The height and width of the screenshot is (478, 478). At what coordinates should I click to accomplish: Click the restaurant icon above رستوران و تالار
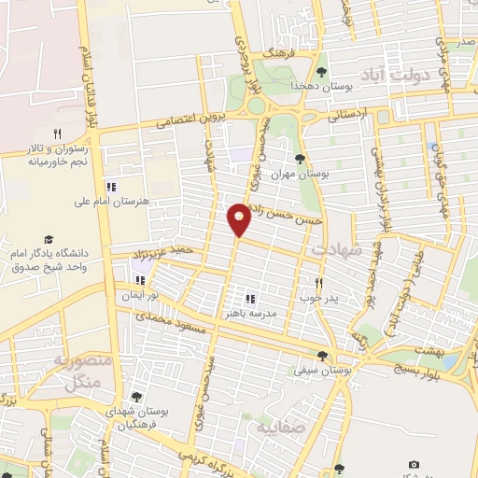(58, 134)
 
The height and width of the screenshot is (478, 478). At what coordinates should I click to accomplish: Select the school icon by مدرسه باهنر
(250, 299)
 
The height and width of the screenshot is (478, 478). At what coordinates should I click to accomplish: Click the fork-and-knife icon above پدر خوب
(319, 283)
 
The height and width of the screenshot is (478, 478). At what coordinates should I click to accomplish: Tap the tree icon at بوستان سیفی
(322, 356)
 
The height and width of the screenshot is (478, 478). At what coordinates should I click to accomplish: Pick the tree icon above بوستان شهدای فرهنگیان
(137, 396)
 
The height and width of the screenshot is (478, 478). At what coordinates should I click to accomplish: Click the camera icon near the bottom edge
(414, 464)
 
